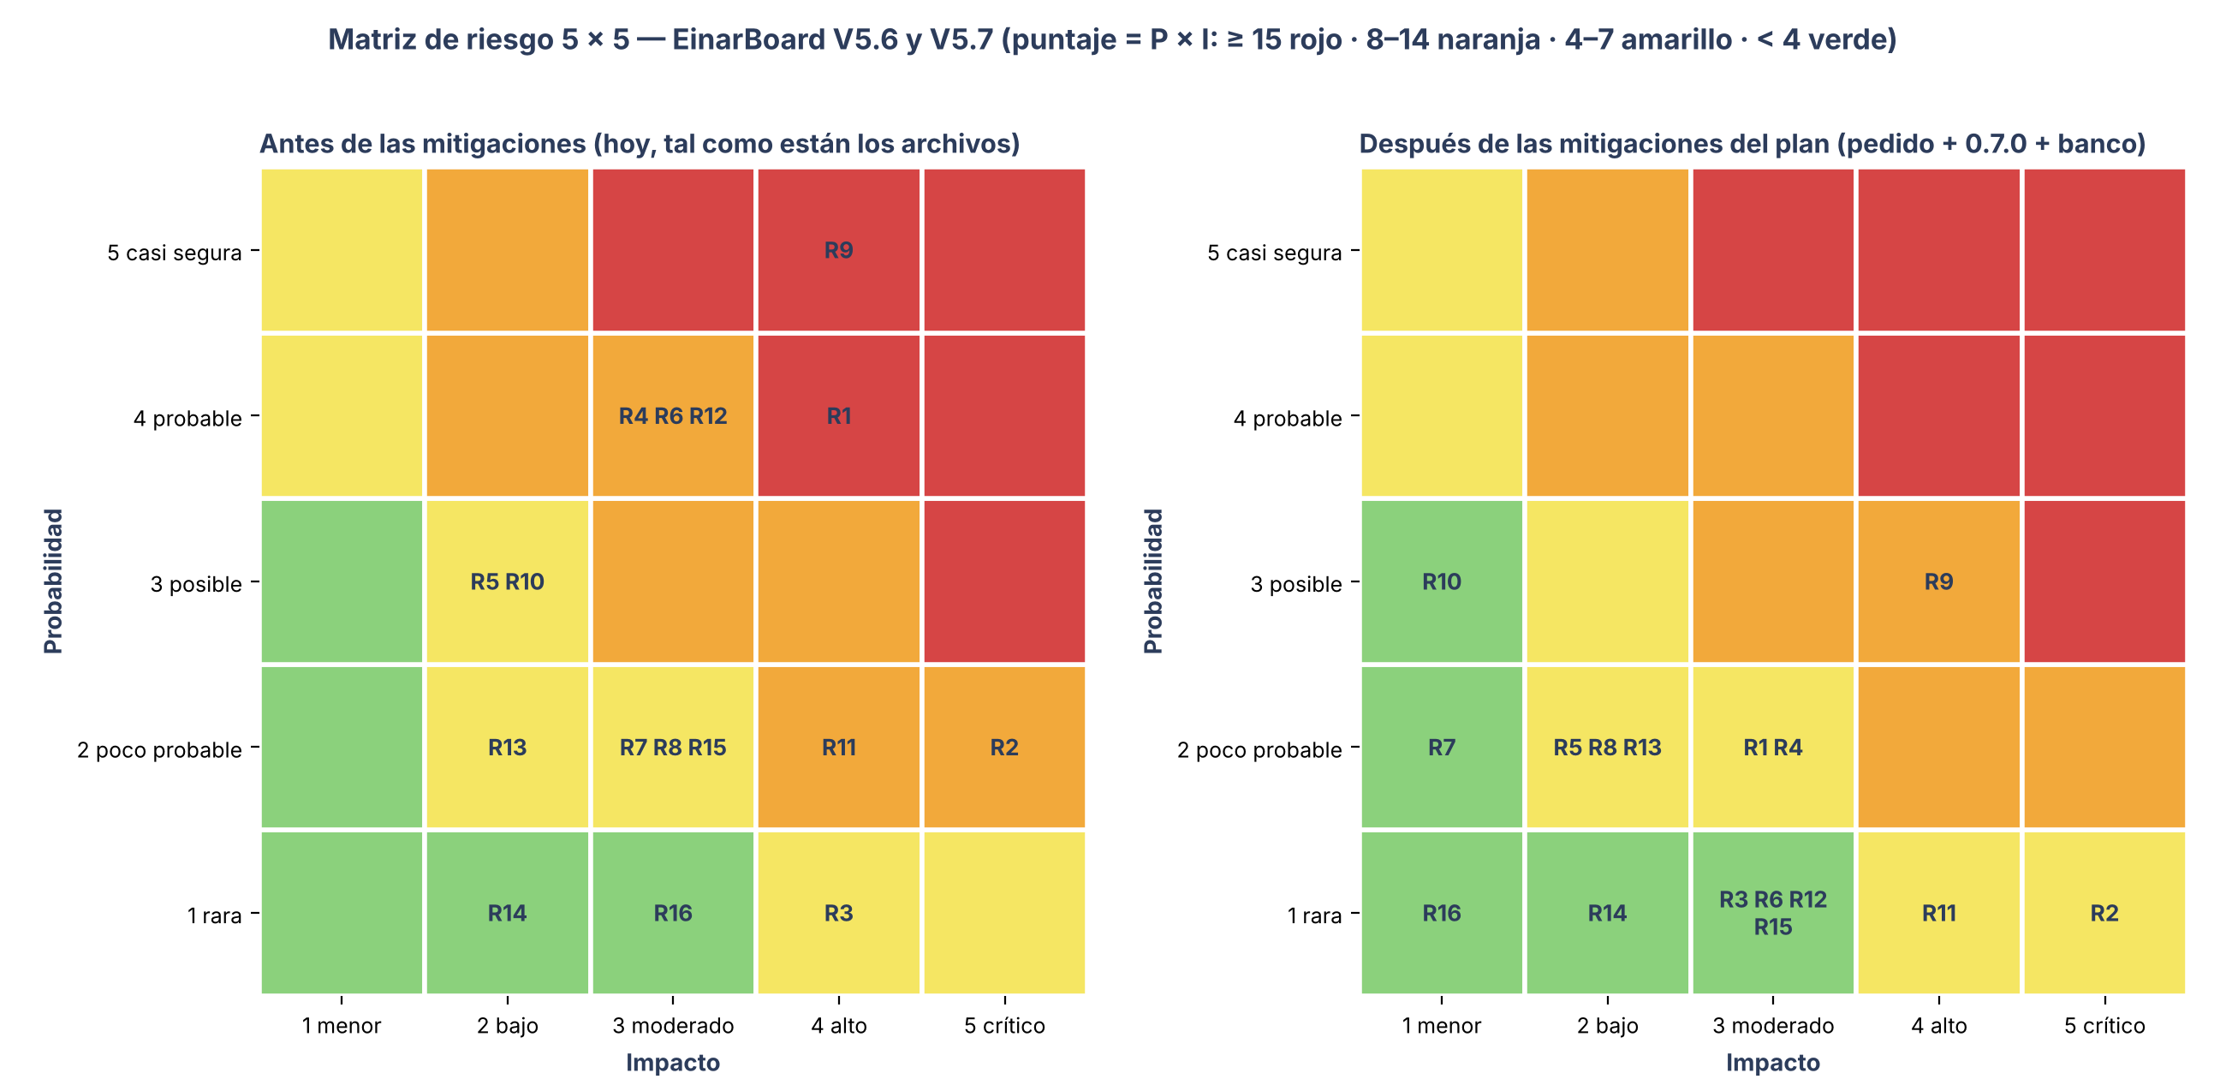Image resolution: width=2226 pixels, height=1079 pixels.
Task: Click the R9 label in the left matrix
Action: [x=838, y=251]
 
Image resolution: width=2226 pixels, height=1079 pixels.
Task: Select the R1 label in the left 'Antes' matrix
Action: [x=838, y=417]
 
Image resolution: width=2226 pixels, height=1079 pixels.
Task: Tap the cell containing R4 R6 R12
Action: [x=673, y=417]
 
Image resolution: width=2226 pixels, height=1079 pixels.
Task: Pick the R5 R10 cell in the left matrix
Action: [x=507, y=581]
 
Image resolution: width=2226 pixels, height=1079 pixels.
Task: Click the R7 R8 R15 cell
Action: [x=673, y=748]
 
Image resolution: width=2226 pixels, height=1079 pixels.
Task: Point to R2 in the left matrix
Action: [x=1004, y=748]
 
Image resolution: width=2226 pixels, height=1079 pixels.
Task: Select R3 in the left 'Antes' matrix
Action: [x=838, y=914]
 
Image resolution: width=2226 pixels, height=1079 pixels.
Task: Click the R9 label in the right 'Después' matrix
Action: [x=1938, y=581]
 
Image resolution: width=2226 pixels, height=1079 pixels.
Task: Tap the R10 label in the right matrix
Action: [x=1442, y=581]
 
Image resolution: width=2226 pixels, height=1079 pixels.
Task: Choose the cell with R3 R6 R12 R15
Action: [x=1773, y=913]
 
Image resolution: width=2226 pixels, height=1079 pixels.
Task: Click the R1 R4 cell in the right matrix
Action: [x=1773, y=748]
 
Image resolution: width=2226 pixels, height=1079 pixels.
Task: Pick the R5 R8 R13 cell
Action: [x=1607, y=748]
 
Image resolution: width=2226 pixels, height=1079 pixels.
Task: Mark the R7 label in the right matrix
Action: [x=1442, y=748]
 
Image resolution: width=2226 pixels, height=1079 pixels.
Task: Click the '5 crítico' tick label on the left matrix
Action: [x=1004, y=1026]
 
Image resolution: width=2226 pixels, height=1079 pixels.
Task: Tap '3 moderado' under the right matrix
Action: [x=1773, y=1026]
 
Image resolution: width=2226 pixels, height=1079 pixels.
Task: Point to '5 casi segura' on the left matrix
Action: [x=175, y=253]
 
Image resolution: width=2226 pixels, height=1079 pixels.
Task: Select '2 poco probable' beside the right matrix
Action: [x=1259, y=749]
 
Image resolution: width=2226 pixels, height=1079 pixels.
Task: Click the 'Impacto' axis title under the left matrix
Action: [x=673, y=1063]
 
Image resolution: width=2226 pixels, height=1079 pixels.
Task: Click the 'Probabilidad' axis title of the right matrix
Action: [x=1153, y=581]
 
